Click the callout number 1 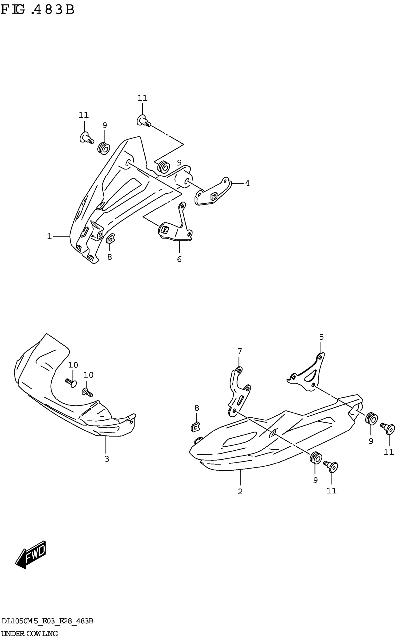tap(49, 236)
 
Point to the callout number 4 tap(247, 183)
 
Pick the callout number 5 tap(321, 337)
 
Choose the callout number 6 tap(179, 259)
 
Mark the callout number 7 tap(240, 351)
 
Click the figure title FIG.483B tap(38, 10)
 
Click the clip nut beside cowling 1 tap(110, 238)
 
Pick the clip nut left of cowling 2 tap(195, 427)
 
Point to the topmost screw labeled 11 tap(143, 121)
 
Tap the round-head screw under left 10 tap(71, 383)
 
